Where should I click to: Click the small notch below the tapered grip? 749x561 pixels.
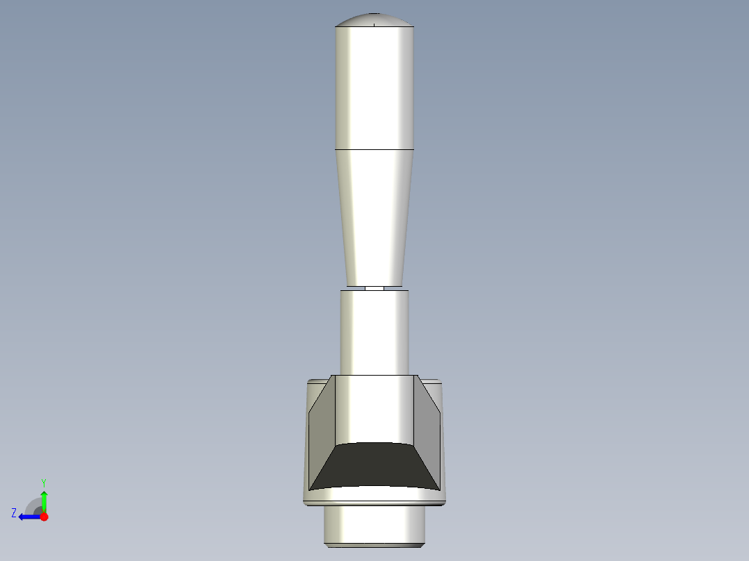[374, 287]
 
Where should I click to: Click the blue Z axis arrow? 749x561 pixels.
[28, 517]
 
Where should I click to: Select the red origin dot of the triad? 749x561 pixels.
[44, 517]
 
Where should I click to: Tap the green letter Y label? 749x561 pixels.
[44, 482]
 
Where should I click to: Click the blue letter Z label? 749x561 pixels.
[14, 513]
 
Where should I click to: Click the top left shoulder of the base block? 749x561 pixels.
[318, 380]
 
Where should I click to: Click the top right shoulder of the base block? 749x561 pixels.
[431, 380]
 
